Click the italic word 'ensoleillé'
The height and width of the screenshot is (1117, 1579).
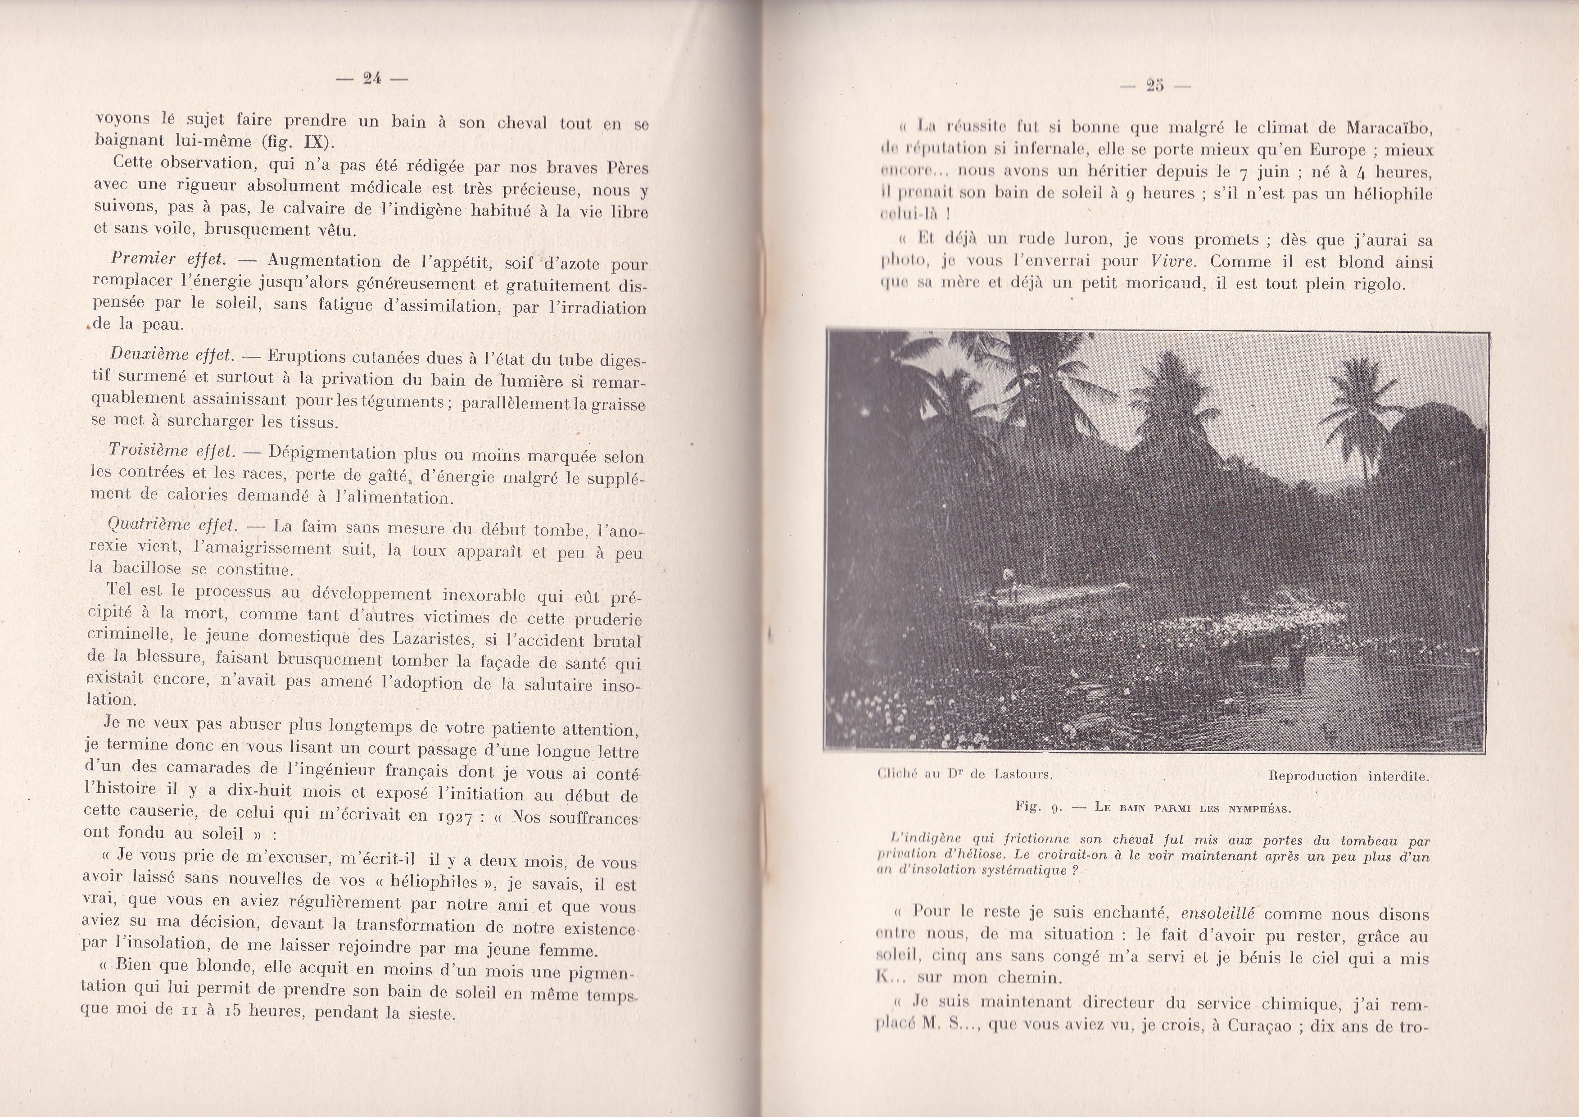coord(1218,914)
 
